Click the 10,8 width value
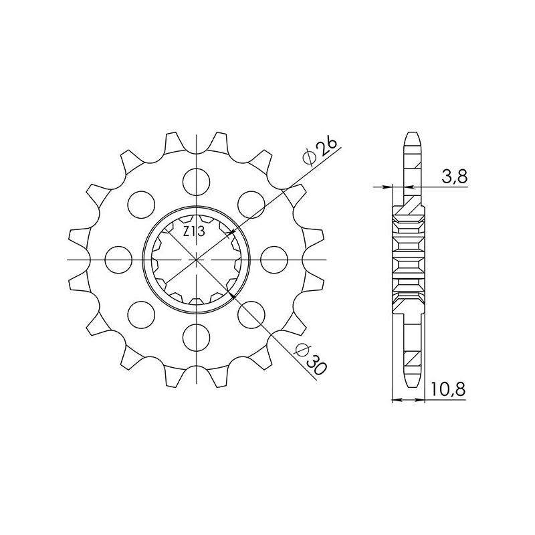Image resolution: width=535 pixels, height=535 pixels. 449,389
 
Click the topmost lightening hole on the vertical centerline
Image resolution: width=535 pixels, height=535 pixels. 198,179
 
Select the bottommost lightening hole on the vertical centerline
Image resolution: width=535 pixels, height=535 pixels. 198,336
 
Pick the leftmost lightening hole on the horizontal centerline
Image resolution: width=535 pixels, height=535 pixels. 119,258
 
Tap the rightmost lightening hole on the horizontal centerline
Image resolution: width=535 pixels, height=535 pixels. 276,258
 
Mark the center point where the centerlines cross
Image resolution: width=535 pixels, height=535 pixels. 198,258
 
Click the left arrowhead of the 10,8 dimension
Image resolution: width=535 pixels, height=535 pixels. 395,401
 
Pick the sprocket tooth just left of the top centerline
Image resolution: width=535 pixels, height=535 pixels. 174,140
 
